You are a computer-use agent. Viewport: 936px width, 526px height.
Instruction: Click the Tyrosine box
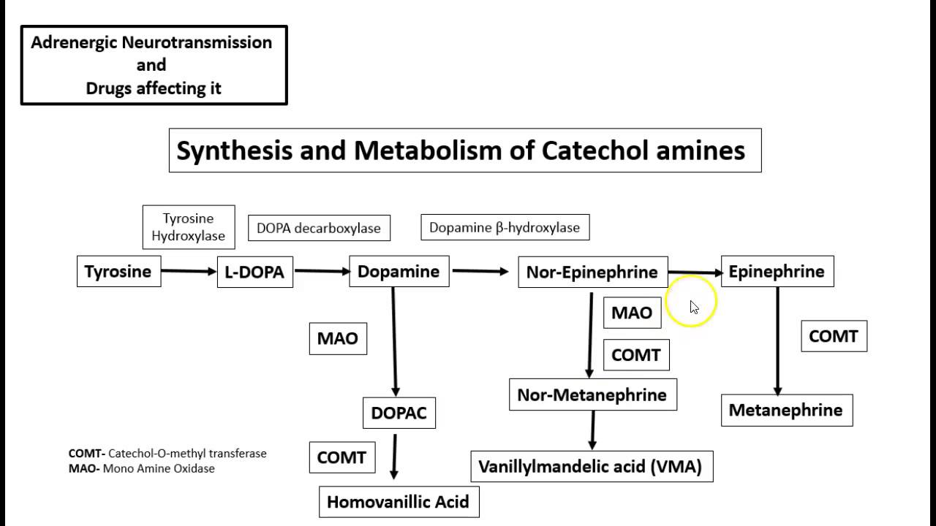[118, 272]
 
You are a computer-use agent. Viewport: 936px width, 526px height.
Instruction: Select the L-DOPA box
[254, 272]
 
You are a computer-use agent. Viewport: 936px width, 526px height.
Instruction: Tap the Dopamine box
[399, 272]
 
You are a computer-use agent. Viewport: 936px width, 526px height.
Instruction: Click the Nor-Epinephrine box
[592, 272]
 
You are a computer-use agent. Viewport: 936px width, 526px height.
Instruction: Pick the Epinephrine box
[777, 272]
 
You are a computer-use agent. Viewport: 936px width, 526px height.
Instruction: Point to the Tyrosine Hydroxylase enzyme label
[189, 227]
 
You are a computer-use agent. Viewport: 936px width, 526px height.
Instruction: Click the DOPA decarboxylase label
[319, 228]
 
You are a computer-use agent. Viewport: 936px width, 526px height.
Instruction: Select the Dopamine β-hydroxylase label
[505, 227]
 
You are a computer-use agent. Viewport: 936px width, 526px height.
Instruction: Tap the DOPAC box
[399, 413]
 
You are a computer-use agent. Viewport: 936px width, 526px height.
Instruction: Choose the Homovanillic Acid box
[399, 502]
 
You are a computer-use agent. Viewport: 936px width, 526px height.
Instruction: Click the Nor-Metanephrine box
[592, 395]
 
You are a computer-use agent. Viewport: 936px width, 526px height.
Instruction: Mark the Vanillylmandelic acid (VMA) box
[591, 466]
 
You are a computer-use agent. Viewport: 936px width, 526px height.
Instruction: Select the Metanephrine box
[786, 410]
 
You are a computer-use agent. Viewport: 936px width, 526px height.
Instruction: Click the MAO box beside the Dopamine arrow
[338, 339]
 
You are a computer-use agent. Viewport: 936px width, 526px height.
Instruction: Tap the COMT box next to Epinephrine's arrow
[834, 337]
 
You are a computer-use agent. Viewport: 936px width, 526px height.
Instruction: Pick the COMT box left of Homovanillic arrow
[341, 458]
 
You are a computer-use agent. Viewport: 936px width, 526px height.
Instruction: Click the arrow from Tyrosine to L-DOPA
[189, 271]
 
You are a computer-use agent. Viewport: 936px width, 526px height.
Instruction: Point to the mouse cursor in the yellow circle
[693, 306]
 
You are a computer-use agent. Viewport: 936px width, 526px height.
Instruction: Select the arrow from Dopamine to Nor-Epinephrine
[480, 271]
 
